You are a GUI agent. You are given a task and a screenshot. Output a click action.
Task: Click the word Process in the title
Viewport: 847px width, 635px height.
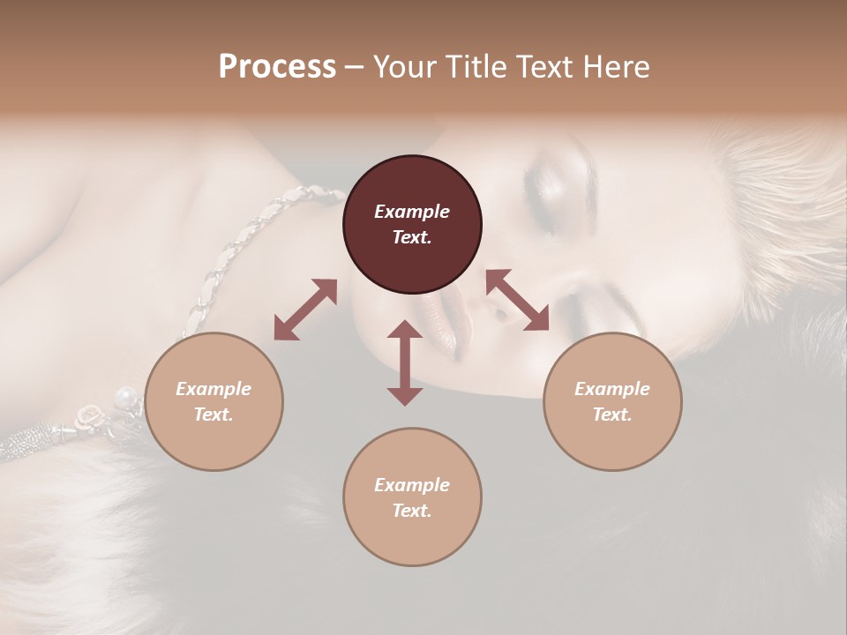277,67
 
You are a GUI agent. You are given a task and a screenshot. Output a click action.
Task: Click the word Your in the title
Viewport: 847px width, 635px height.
405,67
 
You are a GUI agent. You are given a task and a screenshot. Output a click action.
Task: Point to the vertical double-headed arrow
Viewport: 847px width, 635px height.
405,362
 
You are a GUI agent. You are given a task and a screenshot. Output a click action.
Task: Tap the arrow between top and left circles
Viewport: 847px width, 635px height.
305,310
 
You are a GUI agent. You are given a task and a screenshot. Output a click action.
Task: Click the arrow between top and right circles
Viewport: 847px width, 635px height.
517,300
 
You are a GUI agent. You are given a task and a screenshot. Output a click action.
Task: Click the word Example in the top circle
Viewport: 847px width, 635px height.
412,212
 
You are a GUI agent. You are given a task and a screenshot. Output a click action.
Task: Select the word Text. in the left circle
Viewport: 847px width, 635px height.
214,415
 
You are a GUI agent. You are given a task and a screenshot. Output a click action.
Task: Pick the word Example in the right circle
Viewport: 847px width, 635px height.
612,389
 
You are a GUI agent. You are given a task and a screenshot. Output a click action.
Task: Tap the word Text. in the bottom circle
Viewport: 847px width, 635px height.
412,511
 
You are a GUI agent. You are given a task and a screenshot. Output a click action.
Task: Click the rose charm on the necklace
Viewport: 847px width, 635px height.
89,414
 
